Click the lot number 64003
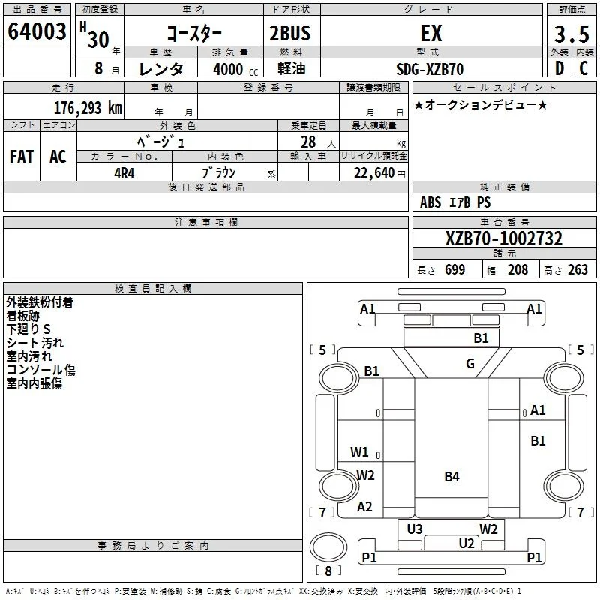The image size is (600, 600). (37, 31)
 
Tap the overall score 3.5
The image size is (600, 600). (571, 34)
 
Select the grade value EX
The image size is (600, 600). (431, 33)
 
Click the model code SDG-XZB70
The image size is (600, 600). (430, 69)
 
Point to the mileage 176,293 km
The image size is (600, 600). (88, 108)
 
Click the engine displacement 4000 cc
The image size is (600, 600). (235, 69)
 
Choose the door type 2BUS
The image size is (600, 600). (290, 33)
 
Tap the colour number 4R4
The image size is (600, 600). (124, 173)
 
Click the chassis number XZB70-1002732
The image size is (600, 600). (504, 238)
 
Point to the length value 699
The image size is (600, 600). (455, 269)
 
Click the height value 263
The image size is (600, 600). (577, 269)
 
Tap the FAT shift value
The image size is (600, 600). (22, 157)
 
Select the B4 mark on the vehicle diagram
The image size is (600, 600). (452, 477)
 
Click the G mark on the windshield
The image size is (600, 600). (470, 363)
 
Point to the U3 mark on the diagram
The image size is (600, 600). (415, 529)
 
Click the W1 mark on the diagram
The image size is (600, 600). (359, 452)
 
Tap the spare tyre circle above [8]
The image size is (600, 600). (328, 548)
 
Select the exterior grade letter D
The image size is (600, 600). (559, 68)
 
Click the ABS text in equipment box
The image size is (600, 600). (430, 202)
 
